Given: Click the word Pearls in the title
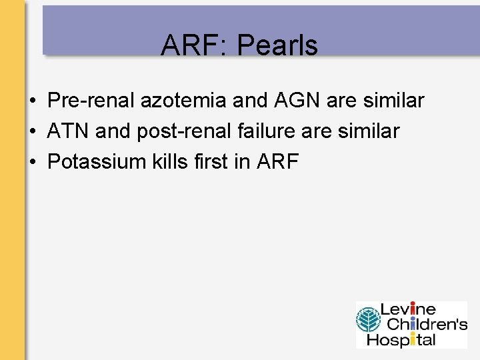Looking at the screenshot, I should click(277, 45).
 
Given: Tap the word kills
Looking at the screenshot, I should click(175, 162).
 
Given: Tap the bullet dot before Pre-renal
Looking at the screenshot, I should click(32, 101).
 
